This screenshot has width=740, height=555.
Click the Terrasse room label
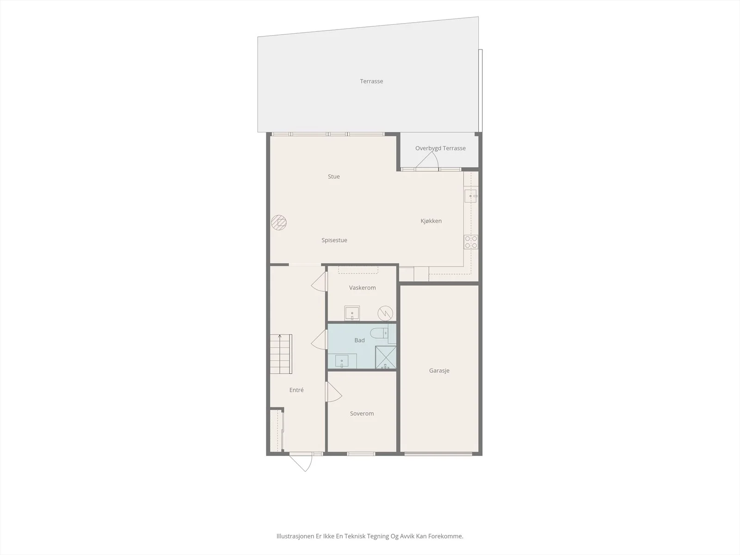pos(371,81)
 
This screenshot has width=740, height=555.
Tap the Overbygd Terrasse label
pos(440,148)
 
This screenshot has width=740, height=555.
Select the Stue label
pos(334,177)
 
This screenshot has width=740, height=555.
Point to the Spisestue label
pos(334,240)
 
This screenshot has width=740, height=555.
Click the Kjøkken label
pos(431,221)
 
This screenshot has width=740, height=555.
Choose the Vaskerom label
pos(363,288)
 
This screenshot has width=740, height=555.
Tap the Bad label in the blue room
pos(359,340)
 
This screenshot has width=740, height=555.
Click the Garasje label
pos(439,370)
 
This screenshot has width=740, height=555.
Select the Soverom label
pos(362,413)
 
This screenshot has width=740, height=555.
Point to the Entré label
pos(296,390)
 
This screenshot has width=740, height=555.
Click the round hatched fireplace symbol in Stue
pos(279,222)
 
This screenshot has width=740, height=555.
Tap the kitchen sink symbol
pos(471,196)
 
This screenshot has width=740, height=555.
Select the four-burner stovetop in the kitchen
pos(471,242)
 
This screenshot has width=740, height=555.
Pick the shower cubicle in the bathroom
pos(386,357)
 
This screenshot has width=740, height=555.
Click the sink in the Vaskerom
pos(352,313)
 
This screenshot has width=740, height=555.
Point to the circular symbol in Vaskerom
pos(385,314)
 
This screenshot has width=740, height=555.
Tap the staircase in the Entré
pos(281,354)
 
